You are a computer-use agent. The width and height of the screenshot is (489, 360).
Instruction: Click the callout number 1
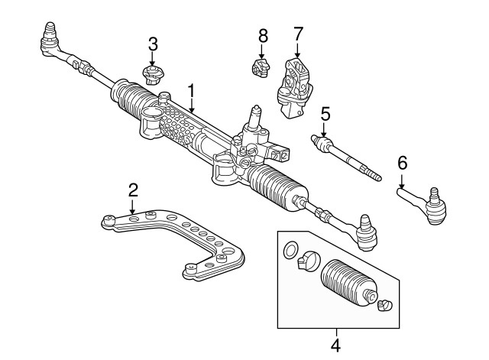[x=191, y=91]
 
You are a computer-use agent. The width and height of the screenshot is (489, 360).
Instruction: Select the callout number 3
[x=153, y=43]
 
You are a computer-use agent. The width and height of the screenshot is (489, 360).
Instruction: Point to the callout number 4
[x=335, y=345]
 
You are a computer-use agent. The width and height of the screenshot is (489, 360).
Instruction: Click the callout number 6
[x=402, y=162]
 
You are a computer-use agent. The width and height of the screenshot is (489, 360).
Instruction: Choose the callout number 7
[x=298, y=34]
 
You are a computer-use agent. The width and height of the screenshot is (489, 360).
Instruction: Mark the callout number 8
[x=263, y=35]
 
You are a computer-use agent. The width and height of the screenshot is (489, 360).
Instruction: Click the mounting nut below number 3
[x=153, y=76]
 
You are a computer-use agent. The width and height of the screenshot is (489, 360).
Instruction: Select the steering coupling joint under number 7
[x=295, y=86]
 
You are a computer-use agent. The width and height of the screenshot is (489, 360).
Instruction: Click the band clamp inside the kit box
[x=306, y=260]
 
